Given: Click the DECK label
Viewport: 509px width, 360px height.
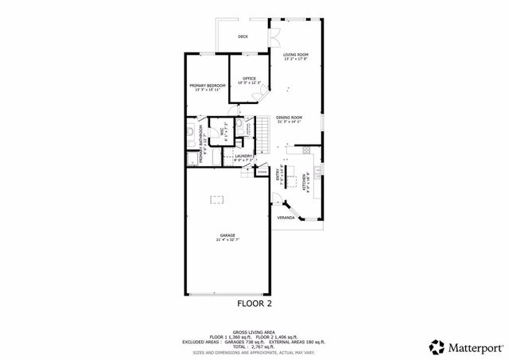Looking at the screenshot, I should [x=243, y=37].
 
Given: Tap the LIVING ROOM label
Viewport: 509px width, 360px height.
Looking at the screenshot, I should [x=296, y=55].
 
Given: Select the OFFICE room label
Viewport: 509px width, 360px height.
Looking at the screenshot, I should [x=249, y=78].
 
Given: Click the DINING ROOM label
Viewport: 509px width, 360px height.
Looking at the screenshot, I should [x=289, y=118].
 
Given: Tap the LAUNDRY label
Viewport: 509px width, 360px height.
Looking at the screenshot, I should [x=243, y=157].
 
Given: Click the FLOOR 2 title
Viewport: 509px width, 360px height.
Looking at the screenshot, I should [x=254, y=303].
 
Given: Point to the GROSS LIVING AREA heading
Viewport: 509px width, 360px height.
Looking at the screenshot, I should [x=254, y=332].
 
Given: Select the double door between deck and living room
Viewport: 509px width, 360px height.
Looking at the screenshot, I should [x=274, y=37].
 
